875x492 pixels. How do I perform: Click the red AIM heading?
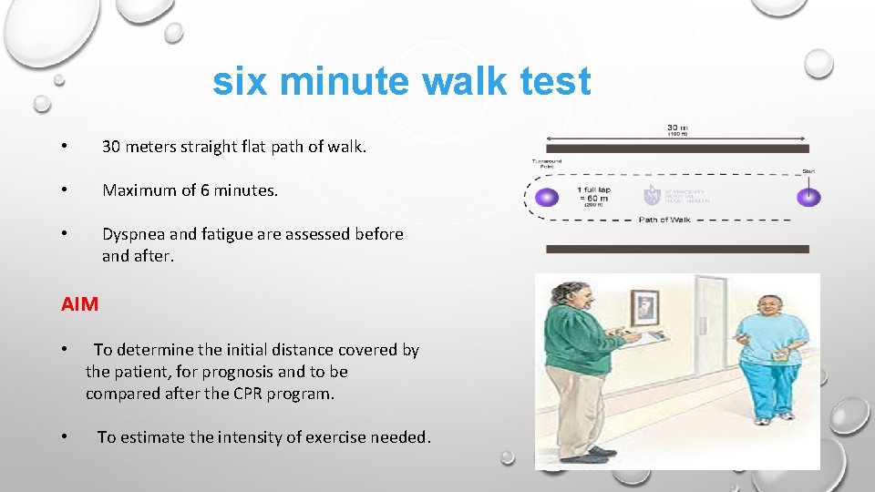click(x=79, y=304)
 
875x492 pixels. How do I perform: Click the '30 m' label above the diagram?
click(x=676, y=127)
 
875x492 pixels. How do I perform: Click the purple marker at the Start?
click(x=807, y=197)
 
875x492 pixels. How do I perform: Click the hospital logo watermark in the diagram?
click(x=652, y=194)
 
